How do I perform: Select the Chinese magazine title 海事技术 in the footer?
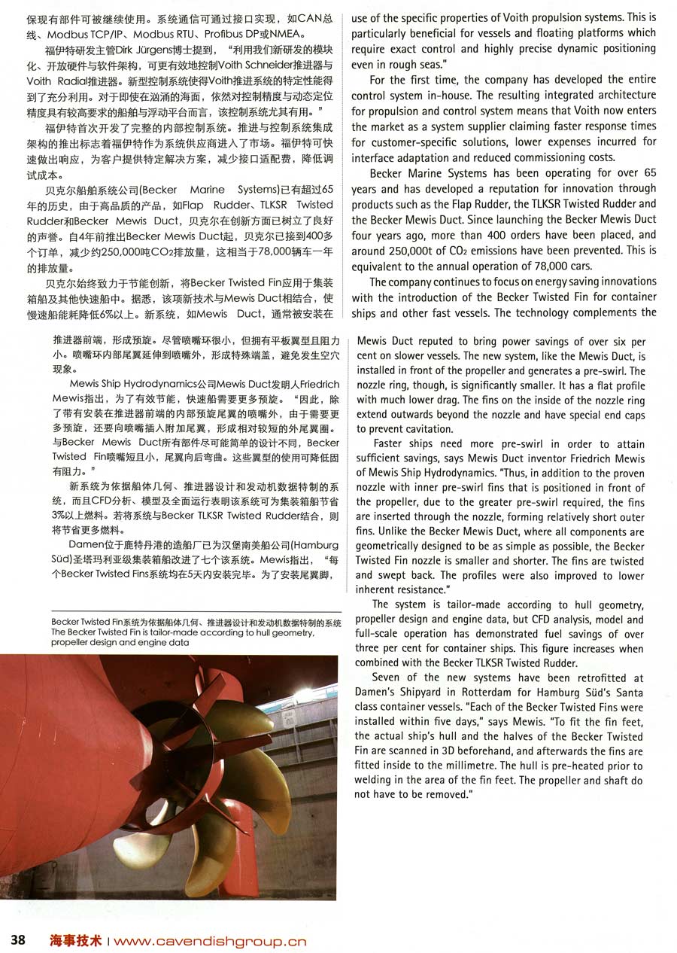[x=77, y=940]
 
